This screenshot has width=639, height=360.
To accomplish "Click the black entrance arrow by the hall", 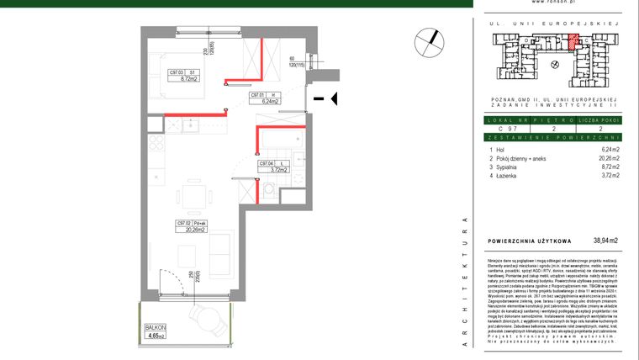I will (333, 99).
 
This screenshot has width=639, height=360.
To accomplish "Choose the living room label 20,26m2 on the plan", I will (192, 228).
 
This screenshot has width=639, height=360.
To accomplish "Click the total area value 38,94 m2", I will (605, 241).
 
